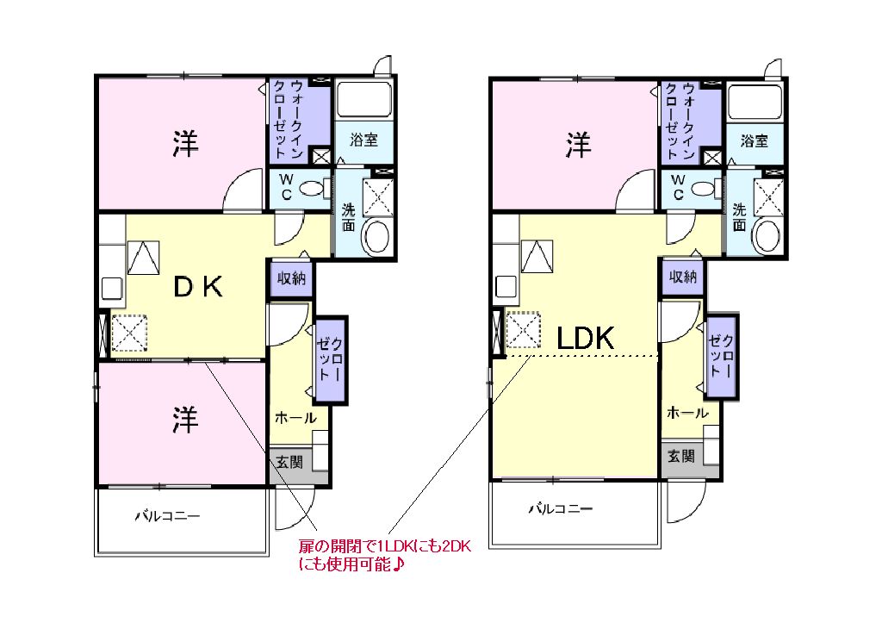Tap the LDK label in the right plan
click(585, 339)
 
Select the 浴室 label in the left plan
click(363, 140)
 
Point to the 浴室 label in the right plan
click(755, 140)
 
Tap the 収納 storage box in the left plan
click(290, 277)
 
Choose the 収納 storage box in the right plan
click(683, 277)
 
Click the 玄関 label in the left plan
click(289, 462)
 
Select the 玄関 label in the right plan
click(681, 456)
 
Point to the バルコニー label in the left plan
click(167, 517)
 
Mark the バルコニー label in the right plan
click(561, 509)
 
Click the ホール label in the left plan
click(295, 419)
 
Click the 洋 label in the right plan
click(578, 146)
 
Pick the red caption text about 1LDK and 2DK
click(384, 556)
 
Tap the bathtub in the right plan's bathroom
click(755, 101)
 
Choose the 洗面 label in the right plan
click(739, 216)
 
